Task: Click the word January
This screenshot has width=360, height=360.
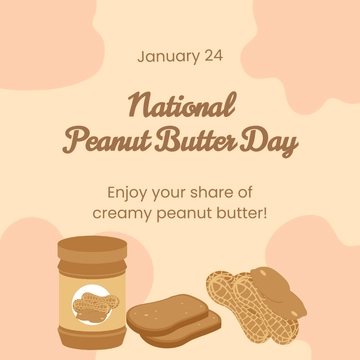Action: [x=166, y=57]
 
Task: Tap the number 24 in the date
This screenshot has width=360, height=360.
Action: [x=213, y=57]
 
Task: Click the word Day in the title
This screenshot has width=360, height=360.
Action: [x=270, y=144]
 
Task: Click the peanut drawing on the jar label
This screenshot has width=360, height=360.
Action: [x=93, y=300]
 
